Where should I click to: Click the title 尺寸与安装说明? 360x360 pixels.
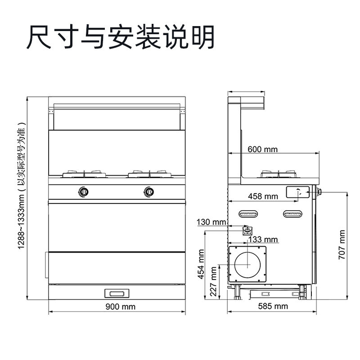click(121, 38)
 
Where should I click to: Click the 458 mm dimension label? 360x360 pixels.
click(263, 196)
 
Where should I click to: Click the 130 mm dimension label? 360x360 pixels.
click(211, 222)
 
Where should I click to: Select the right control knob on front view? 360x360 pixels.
click(149, 191)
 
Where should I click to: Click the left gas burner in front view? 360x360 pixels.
click(84, 174)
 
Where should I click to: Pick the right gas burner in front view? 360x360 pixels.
click(149, 174)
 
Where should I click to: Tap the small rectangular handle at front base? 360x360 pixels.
click(117, 293)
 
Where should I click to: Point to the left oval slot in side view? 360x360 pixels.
click(250, 214)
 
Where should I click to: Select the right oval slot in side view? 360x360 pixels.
click(294, 214)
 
